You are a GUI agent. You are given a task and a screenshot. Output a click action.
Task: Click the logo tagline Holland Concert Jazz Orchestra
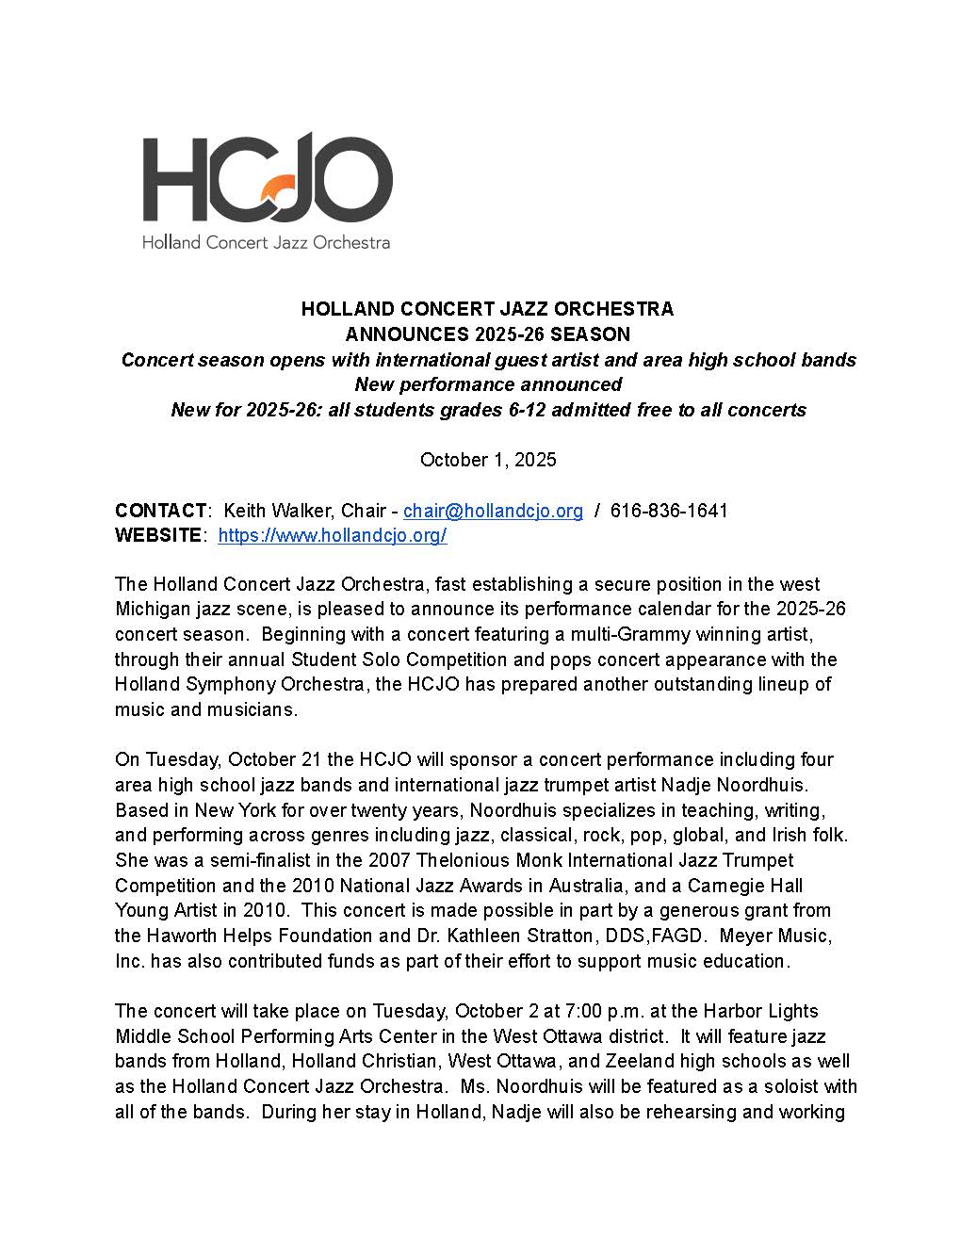(x=266, y=242)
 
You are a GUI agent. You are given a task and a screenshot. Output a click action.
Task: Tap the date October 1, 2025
(x=488, y=460)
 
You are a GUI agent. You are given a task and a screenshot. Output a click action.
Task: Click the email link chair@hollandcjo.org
(x=493, y=511)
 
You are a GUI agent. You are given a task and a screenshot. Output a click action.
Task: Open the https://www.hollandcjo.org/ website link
(x=332, y=536)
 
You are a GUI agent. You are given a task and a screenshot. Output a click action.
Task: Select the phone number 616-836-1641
(x=669, y=511)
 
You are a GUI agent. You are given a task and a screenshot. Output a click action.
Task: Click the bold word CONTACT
(x=160, y=511)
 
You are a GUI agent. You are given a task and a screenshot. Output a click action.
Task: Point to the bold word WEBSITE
(x=158, y=536)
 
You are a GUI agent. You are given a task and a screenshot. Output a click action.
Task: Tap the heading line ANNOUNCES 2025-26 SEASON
(x=488, y=334)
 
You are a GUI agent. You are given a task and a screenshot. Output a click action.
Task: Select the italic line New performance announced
(x=488, y=384)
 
